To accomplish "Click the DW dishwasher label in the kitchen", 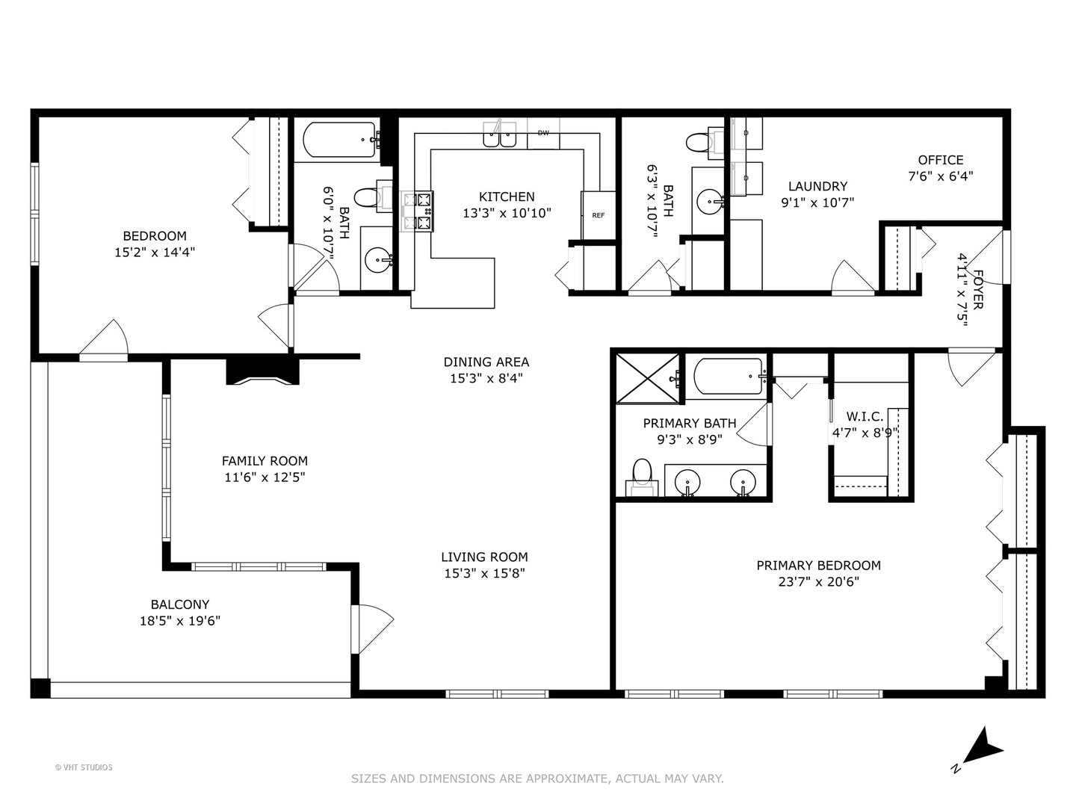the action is pyautogui.click(x=543, y=133).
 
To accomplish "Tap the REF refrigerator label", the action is pyautogui.click(x=598, y=215).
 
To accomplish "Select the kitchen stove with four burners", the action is pyautogui.click(x=417, y=211).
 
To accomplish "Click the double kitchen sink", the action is pyautogui.click(x=500, y=134).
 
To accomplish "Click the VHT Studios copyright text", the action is pyautogui.click(x=84, y=767).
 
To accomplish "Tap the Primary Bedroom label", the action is pyautogui.click(x=818, y=566).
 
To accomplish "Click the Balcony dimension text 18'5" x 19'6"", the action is pyautogui.click(x=180, y=621).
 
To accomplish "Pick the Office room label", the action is pyautogui.click(x=940, y=160).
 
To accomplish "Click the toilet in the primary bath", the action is pyautogui.click(x=642, y=477).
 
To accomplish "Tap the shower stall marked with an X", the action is pyautogui.click(x=648, y=378).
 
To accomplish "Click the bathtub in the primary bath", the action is pyautogui.click(x=726, y=377).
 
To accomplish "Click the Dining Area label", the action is pyautogui.click(x=486, y=362).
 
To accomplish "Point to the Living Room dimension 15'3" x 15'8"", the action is pyautogui.click(x=484, y=573).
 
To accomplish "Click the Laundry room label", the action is pyautogui.click(x=817, y=186).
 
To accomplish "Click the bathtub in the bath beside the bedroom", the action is pyautogui.click(x=339, y=139).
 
